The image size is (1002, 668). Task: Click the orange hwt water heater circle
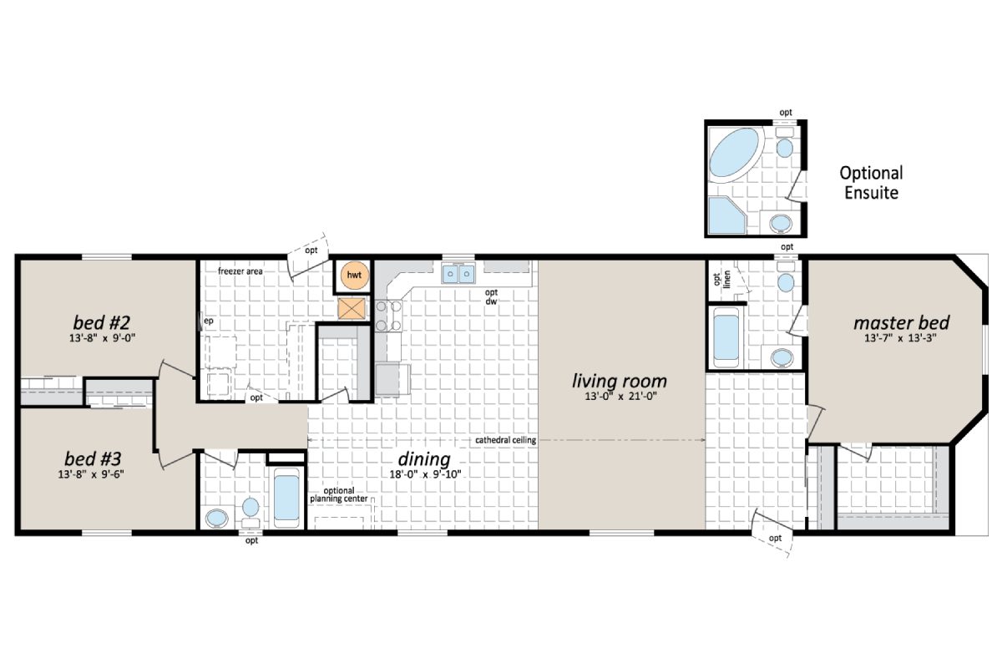354,276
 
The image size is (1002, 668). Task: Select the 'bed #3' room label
94,459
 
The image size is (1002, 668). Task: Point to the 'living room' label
619,382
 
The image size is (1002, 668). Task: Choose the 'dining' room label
423,459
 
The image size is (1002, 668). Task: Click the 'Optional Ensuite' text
871,183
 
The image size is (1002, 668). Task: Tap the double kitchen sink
458,273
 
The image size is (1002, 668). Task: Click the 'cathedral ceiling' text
505,440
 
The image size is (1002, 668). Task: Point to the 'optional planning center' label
333,494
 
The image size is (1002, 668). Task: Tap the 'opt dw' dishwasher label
492,296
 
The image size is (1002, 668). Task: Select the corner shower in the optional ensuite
724,215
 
